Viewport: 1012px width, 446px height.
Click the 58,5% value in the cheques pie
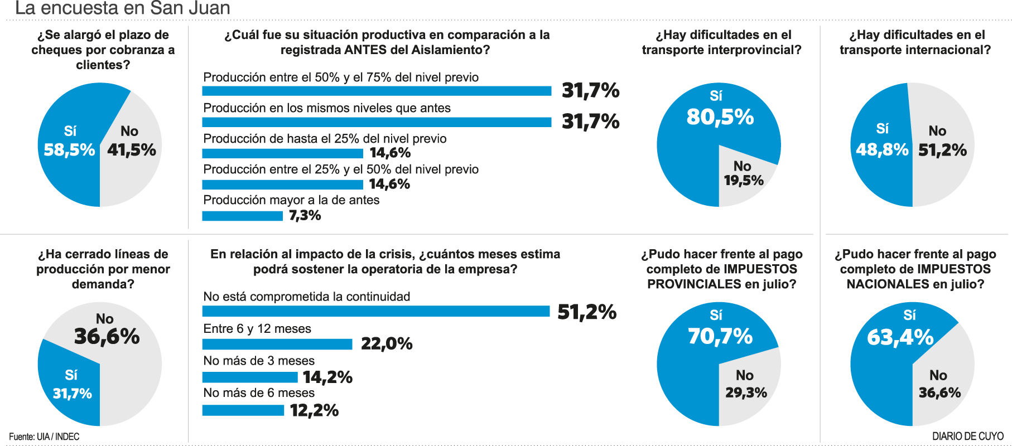69,150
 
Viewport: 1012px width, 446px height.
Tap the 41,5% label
132,150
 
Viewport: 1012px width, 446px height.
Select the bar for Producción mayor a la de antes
242,216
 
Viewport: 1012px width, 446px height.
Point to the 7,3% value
305,216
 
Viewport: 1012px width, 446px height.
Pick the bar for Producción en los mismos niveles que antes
377,122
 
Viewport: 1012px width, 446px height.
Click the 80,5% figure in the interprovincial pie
720,117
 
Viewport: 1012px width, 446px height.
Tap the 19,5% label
744,181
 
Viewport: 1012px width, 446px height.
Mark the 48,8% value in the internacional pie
882,150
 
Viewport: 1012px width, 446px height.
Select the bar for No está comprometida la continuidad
375,311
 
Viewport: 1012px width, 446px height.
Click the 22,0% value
387,343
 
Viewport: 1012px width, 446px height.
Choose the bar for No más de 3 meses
249,377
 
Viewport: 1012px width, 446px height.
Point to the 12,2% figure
314,411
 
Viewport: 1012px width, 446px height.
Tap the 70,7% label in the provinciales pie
720,337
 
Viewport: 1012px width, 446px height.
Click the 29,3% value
746,393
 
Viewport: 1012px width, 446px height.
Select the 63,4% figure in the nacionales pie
900,338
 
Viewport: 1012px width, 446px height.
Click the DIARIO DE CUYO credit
967,437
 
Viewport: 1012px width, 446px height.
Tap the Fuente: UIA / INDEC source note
44,437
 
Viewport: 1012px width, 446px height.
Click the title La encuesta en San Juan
123,8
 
